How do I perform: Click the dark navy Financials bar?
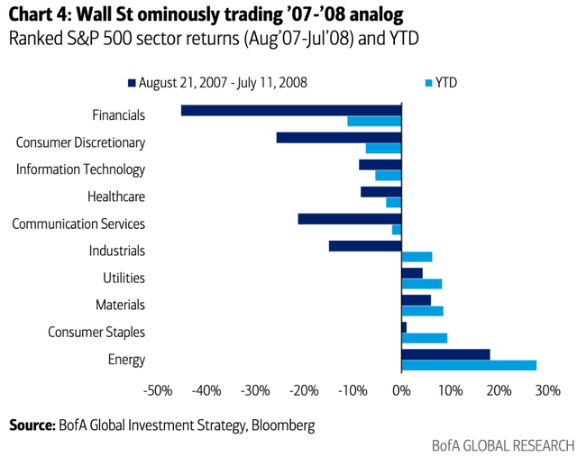(x=290, y=110)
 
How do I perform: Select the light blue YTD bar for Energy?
(x=469, y=365)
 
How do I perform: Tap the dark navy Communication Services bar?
(x=349, y=218)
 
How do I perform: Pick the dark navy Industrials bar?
(x=365, y=245)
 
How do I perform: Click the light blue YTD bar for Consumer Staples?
(x=424, y=338)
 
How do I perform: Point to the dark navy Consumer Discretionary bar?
(x=338, y=137)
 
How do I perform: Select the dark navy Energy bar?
(x=445, y=354)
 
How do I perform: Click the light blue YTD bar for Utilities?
(x=421, y=284)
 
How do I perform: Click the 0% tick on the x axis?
(x=402, y=390)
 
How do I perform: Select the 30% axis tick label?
(x=547, y=390)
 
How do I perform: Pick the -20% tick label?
(x=303, y=390)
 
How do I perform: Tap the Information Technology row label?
(x=80, y=169)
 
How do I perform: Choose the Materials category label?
(x=120, y=306)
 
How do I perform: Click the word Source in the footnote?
(x=32, y=424)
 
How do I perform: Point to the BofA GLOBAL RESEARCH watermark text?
(x=501, y=445)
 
